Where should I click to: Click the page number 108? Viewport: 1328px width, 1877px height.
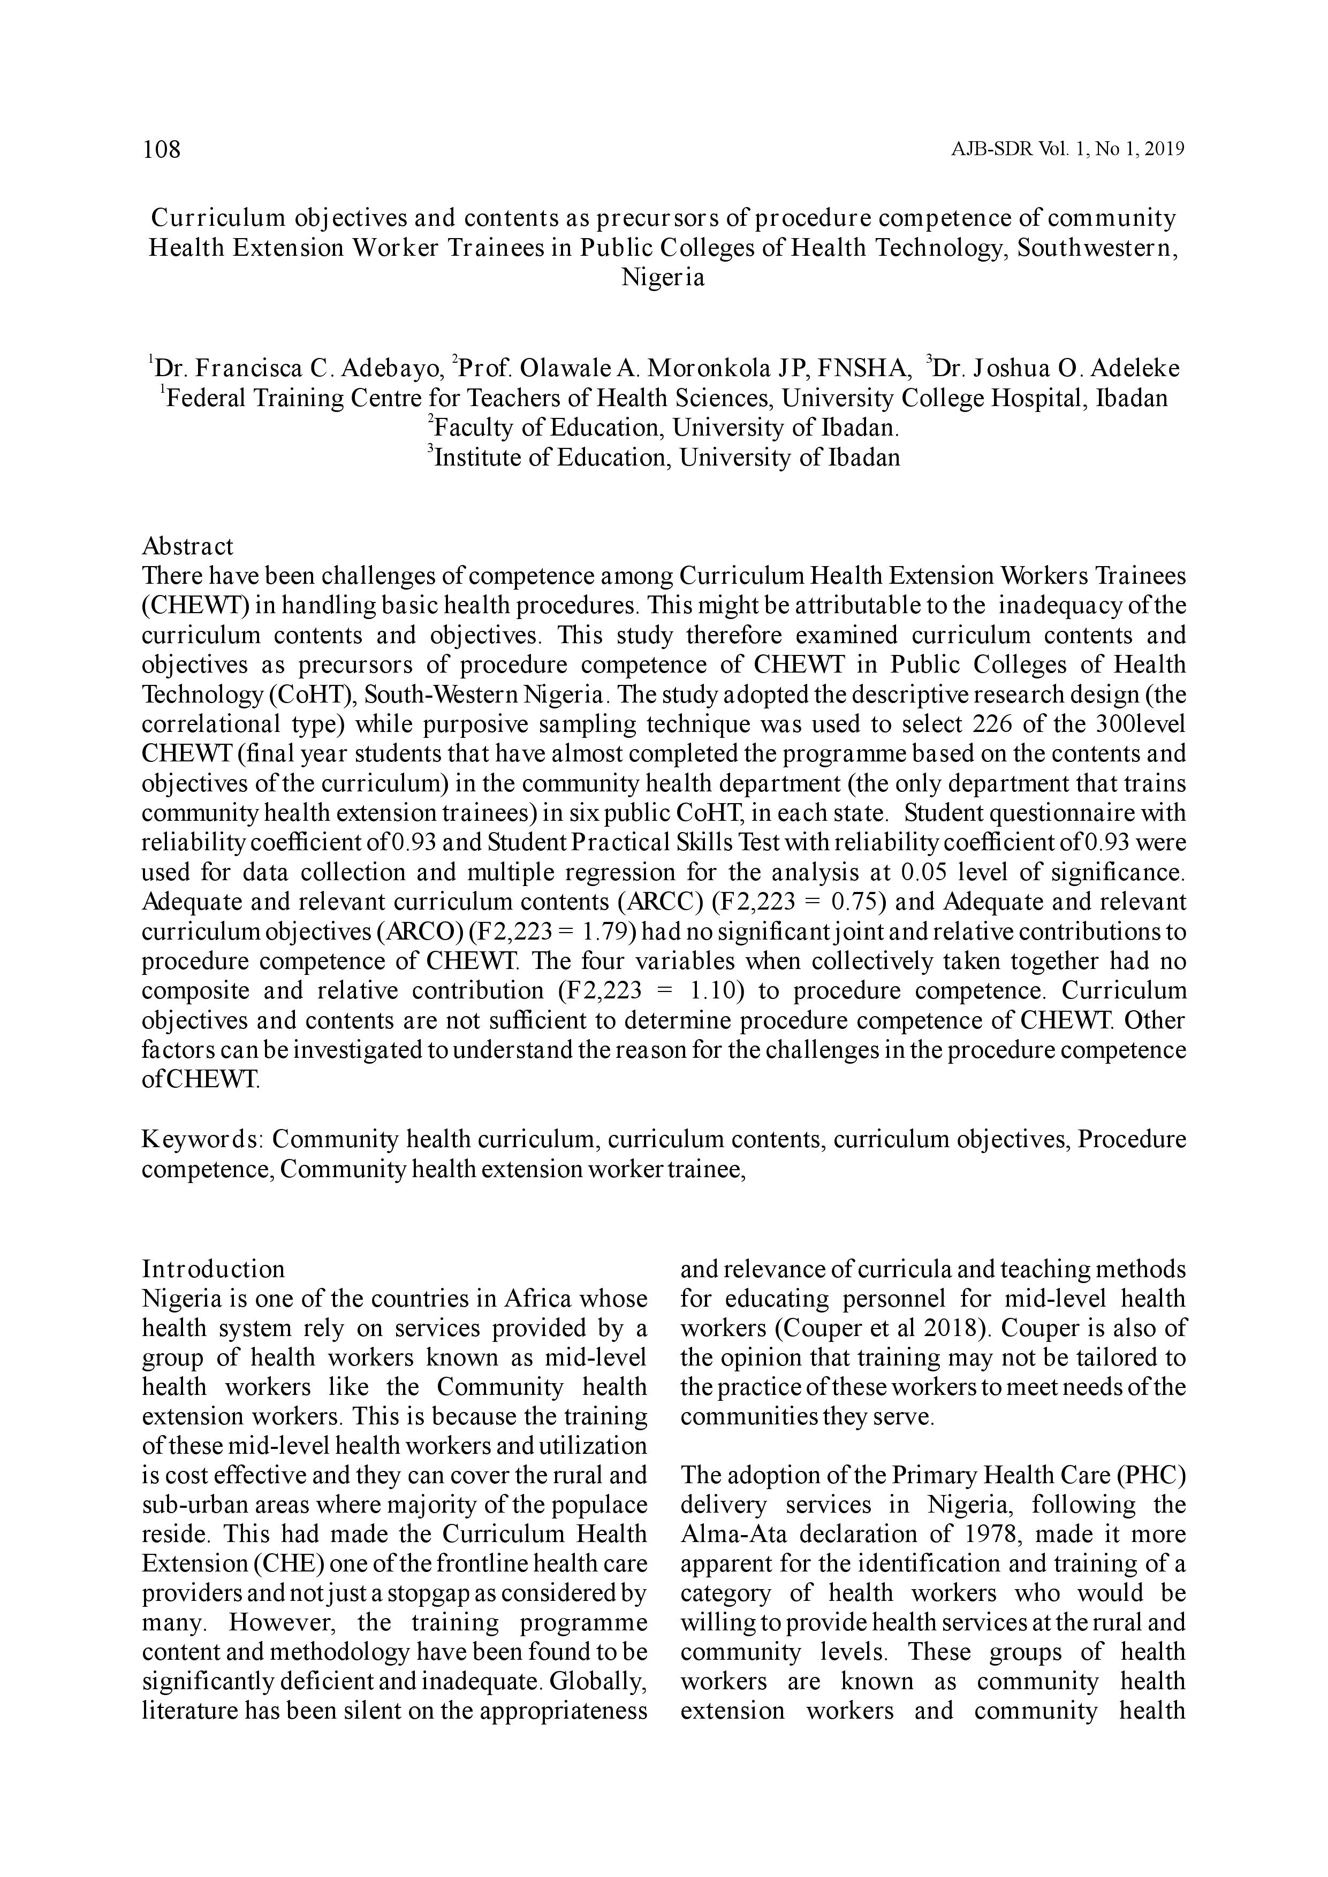tap(161, 150)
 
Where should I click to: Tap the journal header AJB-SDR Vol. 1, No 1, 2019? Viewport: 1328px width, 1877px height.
tap(1068, 150)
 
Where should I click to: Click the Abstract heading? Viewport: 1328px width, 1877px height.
tap(187, 546)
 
